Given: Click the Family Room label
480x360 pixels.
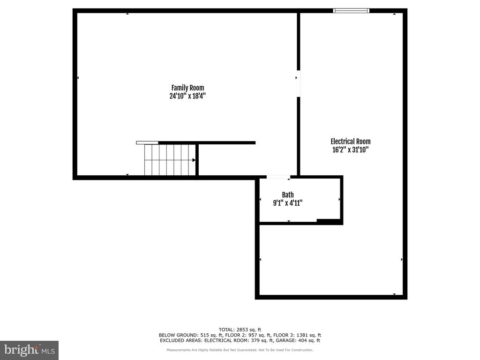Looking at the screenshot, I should click(x=187, y=88).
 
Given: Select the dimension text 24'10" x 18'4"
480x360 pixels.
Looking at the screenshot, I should click(x=187, y=96).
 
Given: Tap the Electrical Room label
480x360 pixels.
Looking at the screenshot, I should click(x=350, y=142).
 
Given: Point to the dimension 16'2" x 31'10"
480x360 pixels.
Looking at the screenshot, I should click(x=350, y=150).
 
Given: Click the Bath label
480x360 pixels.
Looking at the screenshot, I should click(x=288, y=195).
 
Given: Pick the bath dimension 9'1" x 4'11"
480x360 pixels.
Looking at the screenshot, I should click(x=288, y=203).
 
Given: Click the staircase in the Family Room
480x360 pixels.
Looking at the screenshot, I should click(x=169, y=160).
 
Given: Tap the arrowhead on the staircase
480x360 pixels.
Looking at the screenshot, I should click(x=194, y=160).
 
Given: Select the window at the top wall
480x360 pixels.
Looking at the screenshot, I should click(x=351, y=10).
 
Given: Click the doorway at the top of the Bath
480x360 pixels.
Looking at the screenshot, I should click(x=278, y=177).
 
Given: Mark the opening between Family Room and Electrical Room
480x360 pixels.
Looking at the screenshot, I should click(x=299, y=83).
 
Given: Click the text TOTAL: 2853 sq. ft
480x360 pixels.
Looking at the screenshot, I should click(x=240, y=330).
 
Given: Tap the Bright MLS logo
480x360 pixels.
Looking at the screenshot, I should click(x=29, y=350).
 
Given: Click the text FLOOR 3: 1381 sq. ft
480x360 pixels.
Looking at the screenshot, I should click(x=299, y=335).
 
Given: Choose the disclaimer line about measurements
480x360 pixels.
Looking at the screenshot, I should click(x=240, y=350).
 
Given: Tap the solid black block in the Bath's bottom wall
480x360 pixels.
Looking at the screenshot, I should click(x=329, y=221).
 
